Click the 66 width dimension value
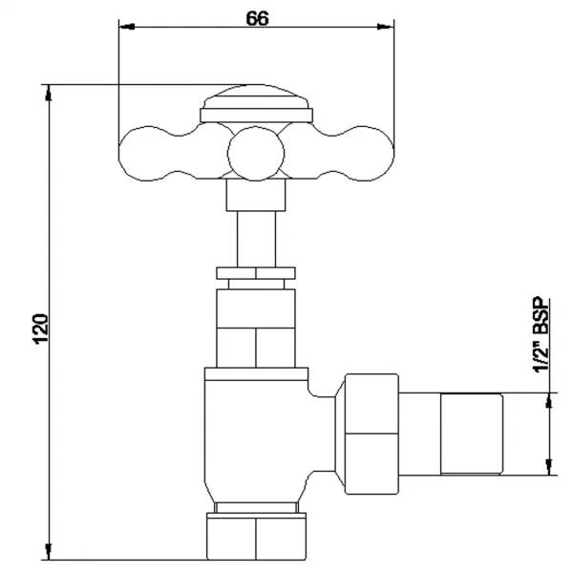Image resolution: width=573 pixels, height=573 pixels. click(x=257, y=18)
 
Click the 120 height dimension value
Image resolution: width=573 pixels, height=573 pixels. click(x=41, y=329)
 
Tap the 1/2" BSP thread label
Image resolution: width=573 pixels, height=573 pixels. click(x=541, y=335)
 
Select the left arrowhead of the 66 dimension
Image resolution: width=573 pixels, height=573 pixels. click(x=127, y=27)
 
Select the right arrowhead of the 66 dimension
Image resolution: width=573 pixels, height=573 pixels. click(x=386, y=27)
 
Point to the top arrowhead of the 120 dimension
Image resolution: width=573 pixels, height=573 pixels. click(x=49, y=93)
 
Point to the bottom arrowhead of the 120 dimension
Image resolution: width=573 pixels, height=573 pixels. click(x=49, y=551)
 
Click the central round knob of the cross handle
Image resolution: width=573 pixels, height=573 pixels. click(x=256, y=154)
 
